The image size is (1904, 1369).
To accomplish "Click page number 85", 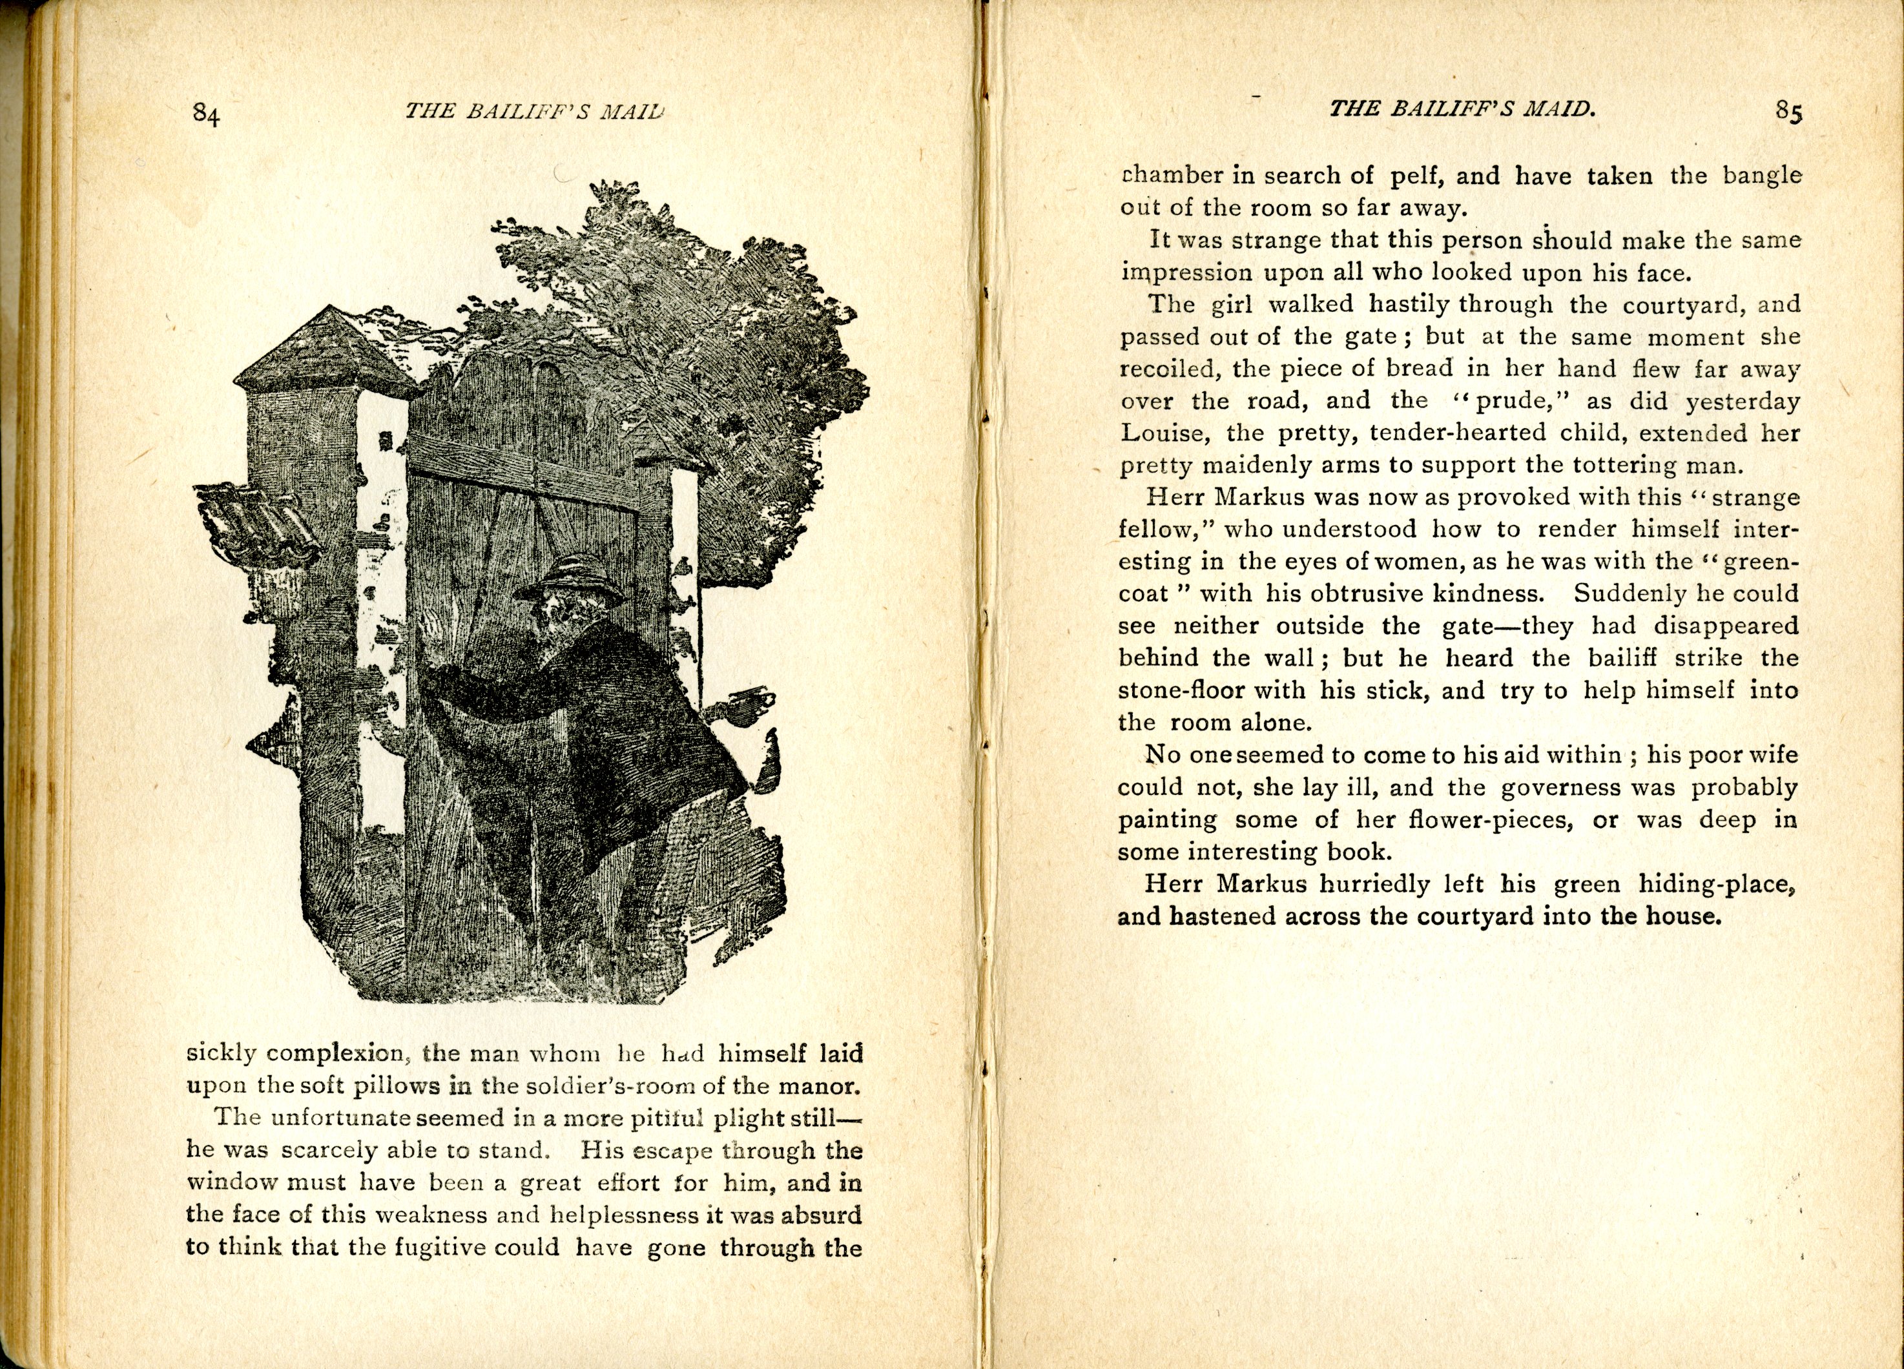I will (1789, 112).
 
